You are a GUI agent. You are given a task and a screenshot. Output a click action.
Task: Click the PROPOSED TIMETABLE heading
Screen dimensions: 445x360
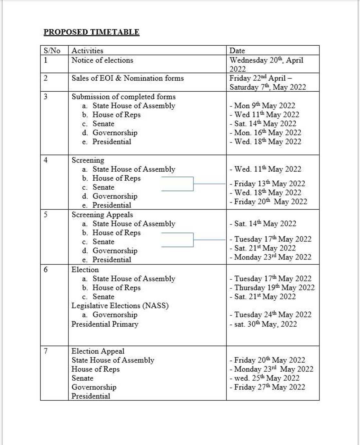point(91,32)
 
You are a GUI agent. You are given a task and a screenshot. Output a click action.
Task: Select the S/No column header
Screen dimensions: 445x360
point(52,51)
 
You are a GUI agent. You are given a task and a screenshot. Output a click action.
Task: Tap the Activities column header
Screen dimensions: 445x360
point(87,51)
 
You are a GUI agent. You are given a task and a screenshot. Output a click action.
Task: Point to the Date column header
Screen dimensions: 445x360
point(237,51)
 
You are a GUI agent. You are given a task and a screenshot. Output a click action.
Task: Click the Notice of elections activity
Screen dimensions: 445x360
point(102,60)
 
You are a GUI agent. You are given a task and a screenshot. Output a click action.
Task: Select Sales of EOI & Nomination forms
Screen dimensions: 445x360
point(128,78)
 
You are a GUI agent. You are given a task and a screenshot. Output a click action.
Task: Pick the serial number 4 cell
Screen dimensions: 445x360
point(46,160)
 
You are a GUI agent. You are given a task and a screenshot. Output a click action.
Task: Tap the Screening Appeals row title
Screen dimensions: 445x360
point(102,215)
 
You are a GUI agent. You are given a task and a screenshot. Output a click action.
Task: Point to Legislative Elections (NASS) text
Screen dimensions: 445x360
point(120,306)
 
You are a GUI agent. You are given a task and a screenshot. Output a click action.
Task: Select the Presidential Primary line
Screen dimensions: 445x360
point(105,324)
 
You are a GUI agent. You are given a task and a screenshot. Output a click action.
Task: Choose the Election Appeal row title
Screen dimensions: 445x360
point(98,351)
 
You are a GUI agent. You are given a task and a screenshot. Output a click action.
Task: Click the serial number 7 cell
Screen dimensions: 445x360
point(46,351)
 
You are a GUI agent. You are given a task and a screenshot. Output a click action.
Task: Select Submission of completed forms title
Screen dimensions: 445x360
point(123,97)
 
